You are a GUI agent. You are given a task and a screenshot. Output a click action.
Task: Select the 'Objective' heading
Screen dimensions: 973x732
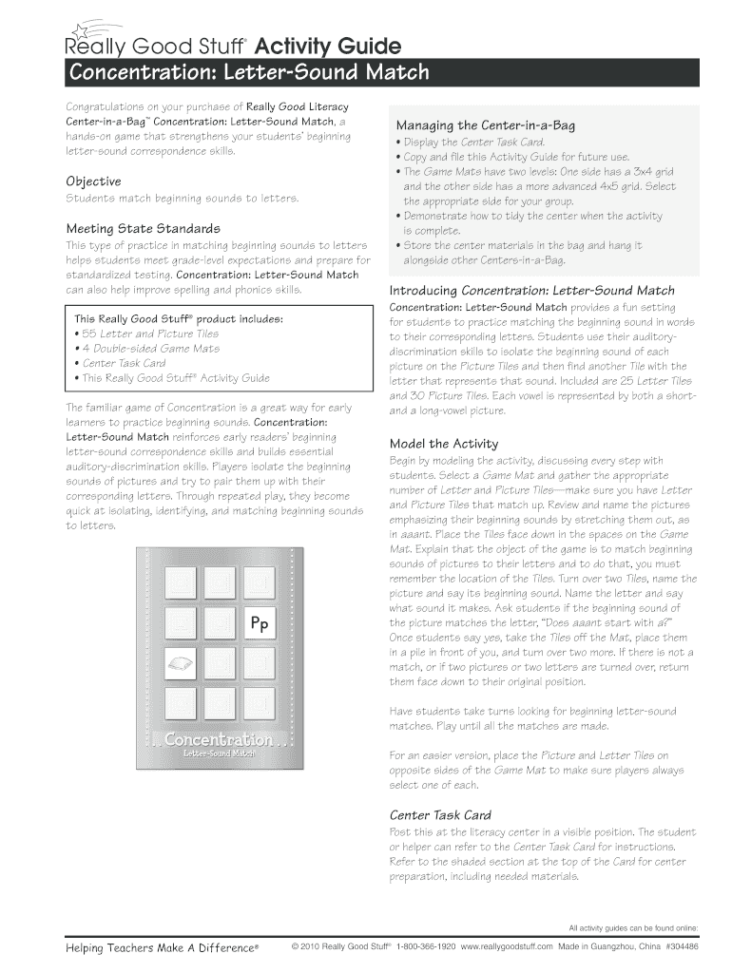(x=93, y=181)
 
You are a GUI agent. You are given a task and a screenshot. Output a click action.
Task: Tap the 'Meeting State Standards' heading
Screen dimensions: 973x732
(x=143, y=229)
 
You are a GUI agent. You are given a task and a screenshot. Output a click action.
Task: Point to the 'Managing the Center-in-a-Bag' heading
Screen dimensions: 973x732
(x=485, y=125)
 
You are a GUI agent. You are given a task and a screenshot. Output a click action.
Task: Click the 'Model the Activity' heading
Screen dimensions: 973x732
(x=444, y=444)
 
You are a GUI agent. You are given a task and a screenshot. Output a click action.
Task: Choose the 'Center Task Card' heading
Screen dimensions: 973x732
(x=440, y=815)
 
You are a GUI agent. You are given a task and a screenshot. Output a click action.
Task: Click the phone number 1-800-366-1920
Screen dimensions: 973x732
(x=426, y=947)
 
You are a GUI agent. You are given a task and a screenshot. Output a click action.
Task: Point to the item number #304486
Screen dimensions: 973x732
(x=682, y=947)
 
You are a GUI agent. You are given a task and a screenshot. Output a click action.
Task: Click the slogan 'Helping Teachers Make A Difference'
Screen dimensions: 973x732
(x=162, y=948)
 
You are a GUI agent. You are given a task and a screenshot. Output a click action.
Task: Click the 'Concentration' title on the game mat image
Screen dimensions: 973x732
(x=219, y=739)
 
